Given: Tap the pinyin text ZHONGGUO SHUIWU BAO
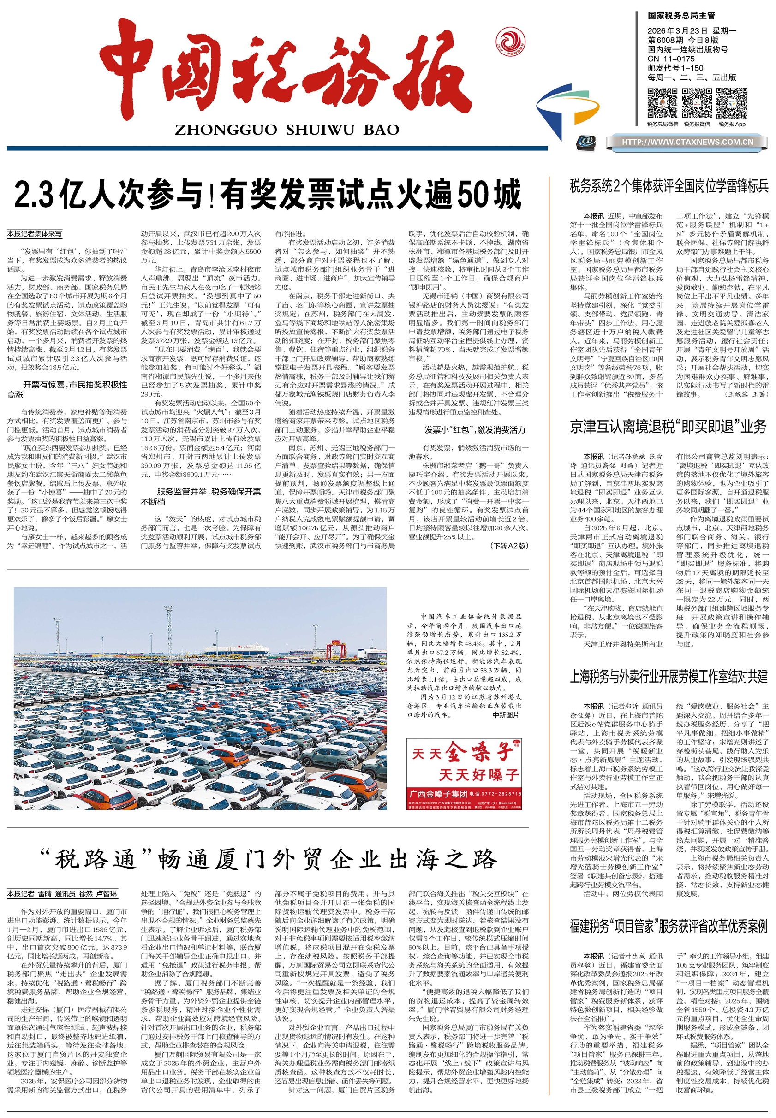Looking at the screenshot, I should tap(287, 130).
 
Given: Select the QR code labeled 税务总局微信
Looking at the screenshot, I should tap(662, 103).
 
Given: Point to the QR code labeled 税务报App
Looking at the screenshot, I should tap(732, 103).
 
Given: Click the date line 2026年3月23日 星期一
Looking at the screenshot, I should tap(692, 30).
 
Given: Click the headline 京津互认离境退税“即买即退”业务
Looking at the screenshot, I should tap(668, 427).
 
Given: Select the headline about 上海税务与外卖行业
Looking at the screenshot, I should tap(668, 676).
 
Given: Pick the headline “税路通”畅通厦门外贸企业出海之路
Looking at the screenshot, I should tap(269, 859).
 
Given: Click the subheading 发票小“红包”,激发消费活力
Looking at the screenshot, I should tap(475, 430).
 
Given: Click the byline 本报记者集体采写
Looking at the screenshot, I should tap(35, 234).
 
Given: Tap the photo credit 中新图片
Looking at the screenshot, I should tap(506, 715).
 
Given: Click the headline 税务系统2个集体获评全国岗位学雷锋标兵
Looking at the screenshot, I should tap(669, 186).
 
